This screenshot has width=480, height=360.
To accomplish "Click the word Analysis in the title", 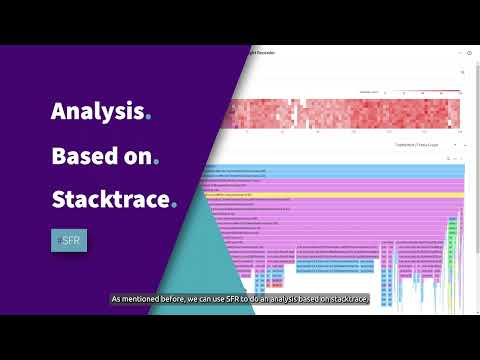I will (97, 113).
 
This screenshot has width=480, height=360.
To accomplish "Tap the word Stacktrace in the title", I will (110, 202).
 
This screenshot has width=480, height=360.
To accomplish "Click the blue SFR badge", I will (69, 241).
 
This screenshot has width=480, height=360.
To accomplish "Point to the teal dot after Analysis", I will (149, 118).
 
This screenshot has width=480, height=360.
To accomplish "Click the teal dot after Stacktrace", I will (174, 207).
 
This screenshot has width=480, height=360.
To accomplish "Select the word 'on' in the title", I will (137, 158).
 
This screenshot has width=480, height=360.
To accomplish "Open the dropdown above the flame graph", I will (425, 145).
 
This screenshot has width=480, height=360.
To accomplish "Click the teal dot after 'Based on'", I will (156, 163).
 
